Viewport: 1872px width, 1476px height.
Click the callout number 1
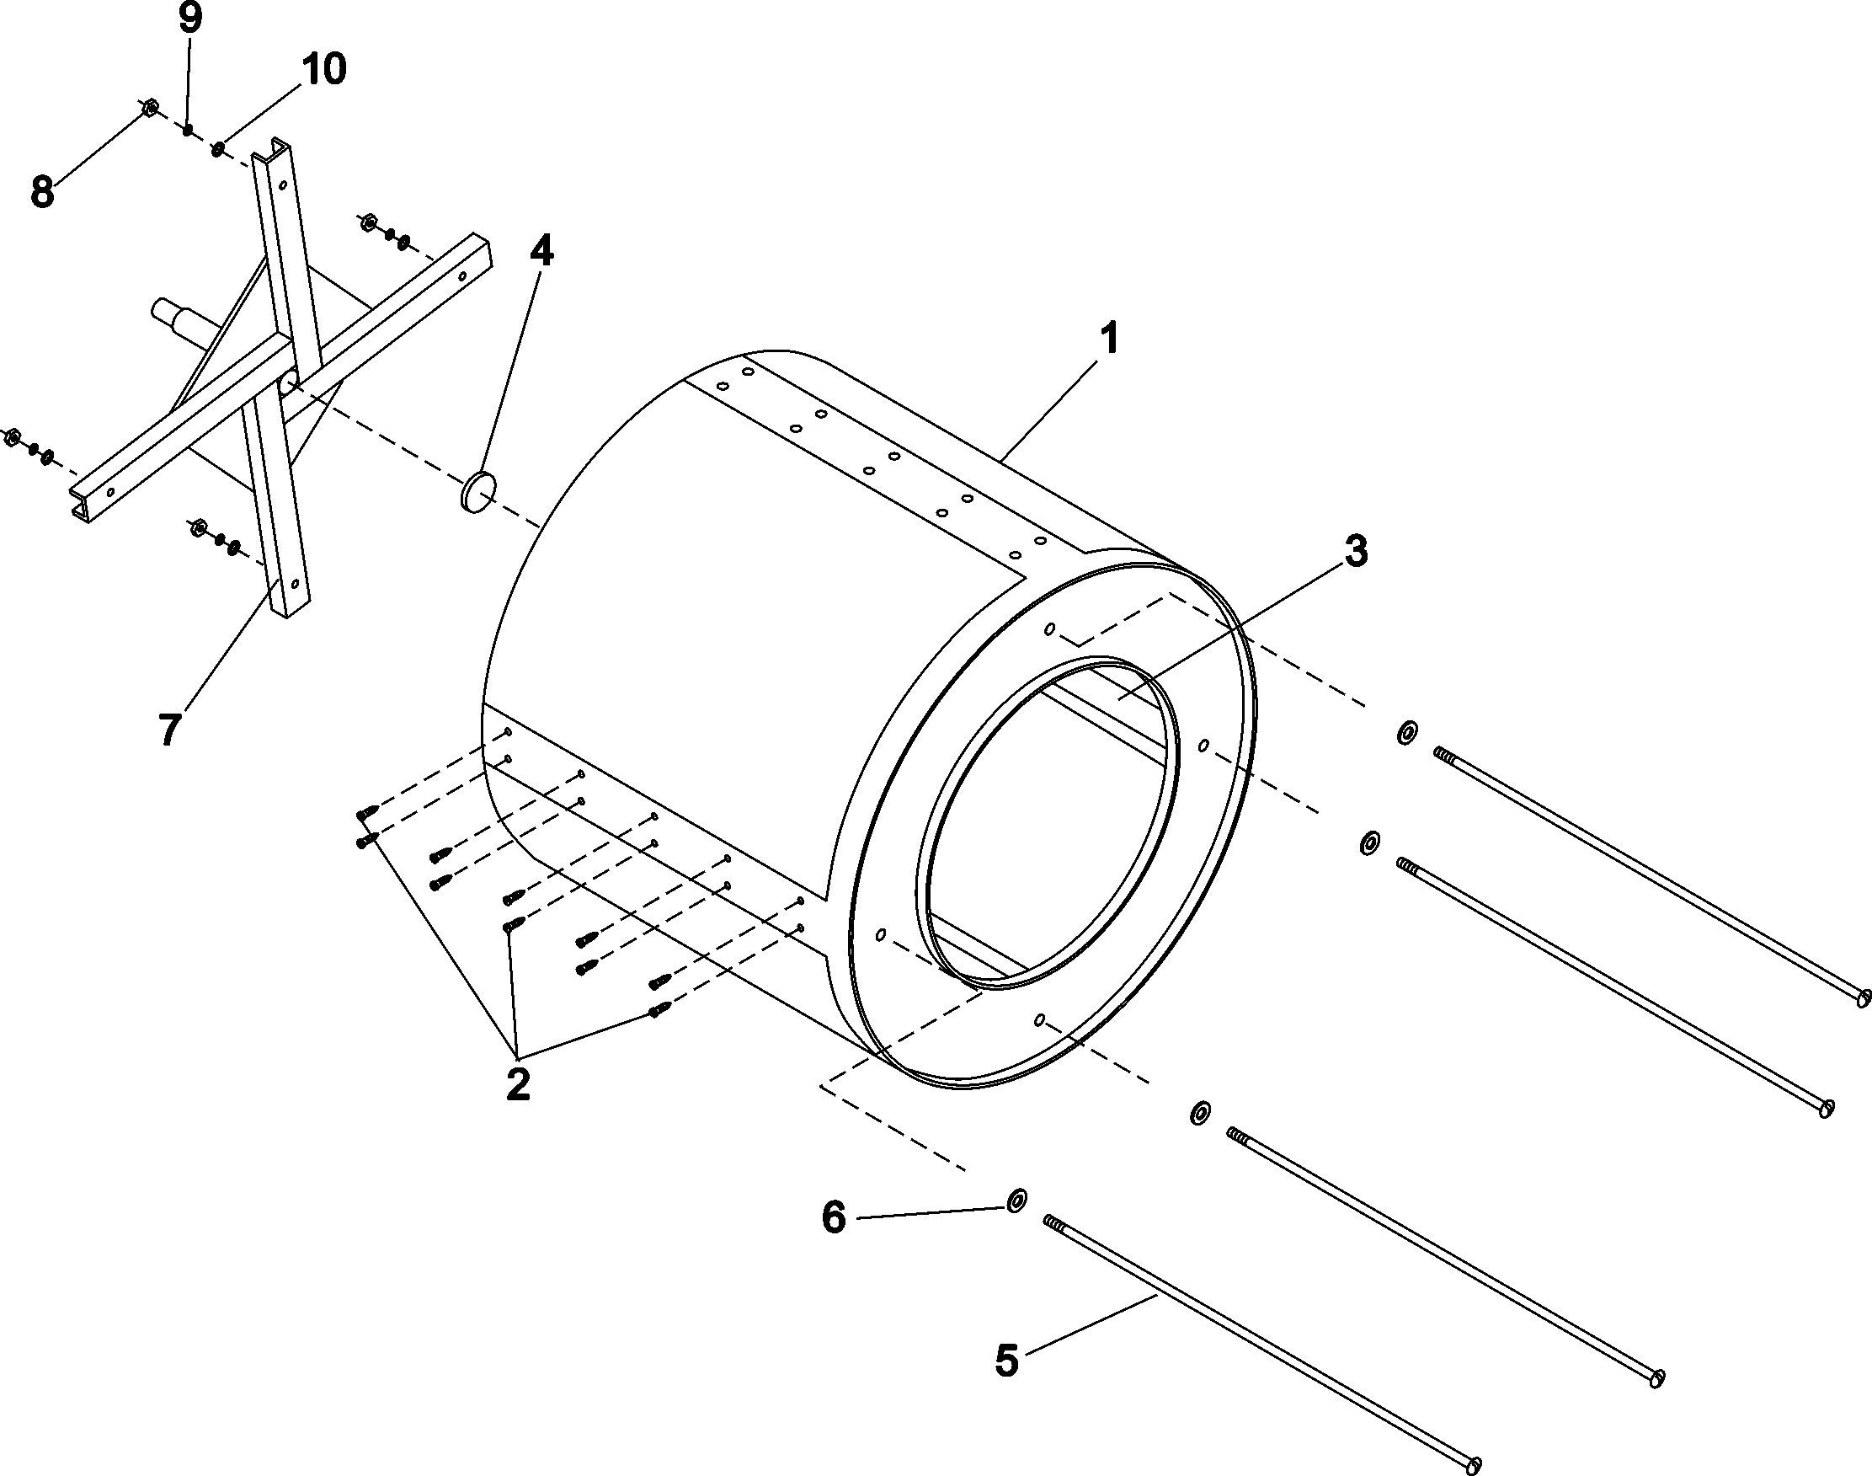click(1109, 339)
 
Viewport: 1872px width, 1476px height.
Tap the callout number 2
click(517, 1084)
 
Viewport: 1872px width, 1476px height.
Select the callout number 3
click(1357, 551)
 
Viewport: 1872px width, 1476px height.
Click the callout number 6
click(833, 1217)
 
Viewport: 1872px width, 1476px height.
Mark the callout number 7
click(169, 730)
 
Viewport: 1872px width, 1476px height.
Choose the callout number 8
click(41, 191)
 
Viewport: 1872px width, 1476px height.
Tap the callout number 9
click(190, 19)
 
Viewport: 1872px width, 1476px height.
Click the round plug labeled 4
click(477, 492)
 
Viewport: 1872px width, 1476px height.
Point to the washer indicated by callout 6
click(1016, 1201)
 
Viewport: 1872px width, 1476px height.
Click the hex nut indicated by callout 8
click(148, 108)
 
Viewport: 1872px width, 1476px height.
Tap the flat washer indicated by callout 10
click(218, 149)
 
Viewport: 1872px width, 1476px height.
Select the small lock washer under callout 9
click(187, 131)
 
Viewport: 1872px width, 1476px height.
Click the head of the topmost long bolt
click(1863, 998)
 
